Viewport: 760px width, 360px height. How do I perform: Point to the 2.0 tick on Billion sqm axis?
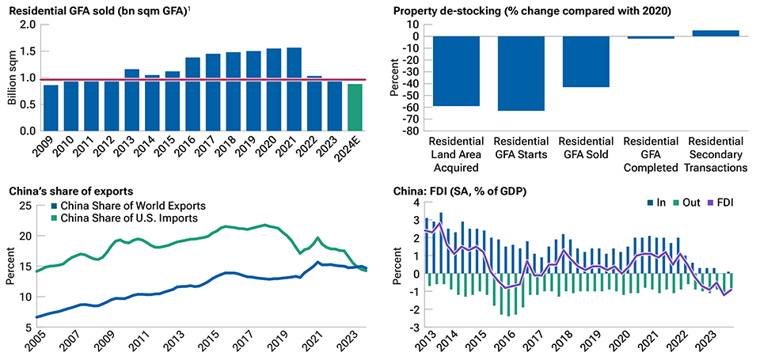pos(28,25)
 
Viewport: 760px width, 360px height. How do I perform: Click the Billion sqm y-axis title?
pos(10,78)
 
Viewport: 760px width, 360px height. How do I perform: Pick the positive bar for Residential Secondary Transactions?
pos(716,33)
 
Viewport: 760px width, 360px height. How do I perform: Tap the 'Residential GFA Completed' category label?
pos(652,154)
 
